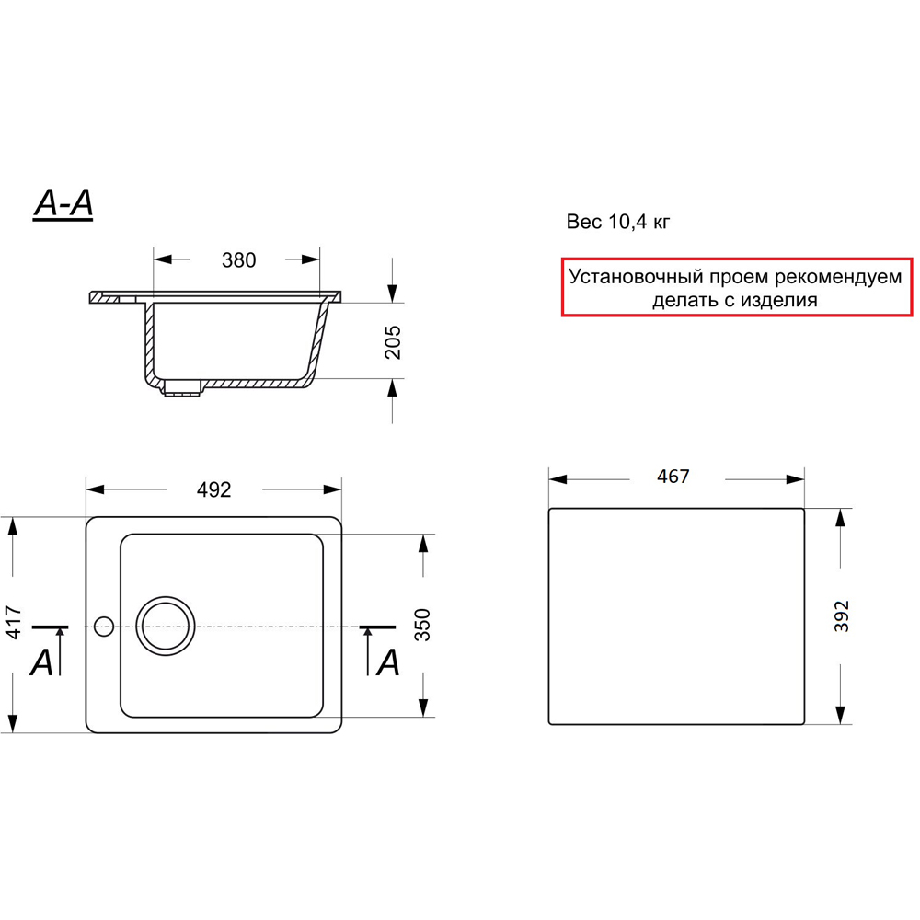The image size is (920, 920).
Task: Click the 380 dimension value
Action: coord(239,260)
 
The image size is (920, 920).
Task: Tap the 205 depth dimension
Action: coord(393,342)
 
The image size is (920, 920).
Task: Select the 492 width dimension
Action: coord(214,489)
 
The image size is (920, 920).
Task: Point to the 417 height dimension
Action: coord(13,623)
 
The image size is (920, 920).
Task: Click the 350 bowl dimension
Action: coord(422,625)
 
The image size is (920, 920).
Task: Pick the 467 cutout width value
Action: coord(673,476)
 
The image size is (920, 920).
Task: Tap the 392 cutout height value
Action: coord(842,616)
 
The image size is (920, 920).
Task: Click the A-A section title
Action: coord(63,203)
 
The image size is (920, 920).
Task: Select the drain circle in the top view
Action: coord(166,626)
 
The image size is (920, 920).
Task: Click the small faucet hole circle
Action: coord(104,627)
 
